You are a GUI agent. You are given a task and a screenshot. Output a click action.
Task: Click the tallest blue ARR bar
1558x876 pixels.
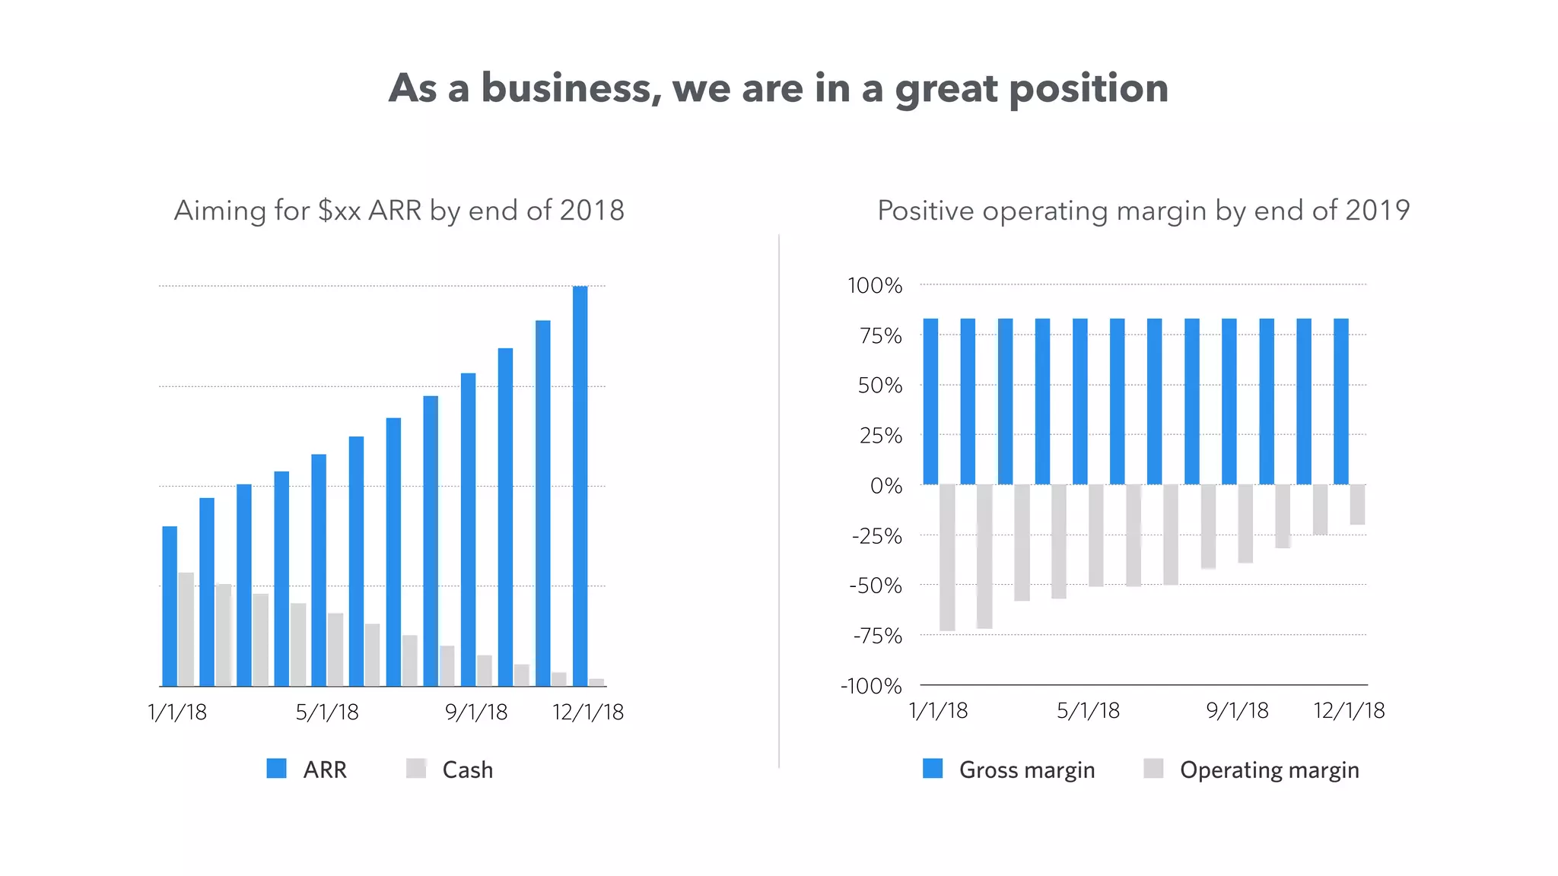(580, 487)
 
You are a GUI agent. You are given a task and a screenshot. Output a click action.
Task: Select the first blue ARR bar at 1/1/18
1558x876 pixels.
(170, 606)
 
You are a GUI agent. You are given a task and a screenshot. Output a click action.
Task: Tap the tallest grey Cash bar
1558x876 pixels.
(186, 629)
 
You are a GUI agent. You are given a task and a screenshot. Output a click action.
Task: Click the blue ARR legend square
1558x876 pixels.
(277, 768)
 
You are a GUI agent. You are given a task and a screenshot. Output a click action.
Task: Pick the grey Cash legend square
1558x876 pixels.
(416, 768)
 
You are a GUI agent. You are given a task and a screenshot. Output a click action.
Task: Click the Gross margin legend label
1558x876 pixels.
(1026, 770)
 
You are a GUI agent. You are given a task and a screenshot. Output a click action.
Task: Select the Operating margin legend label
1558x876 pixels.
(1269, 770)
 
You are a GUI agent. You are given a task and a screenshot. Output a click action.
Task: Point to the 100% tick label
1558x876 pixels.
(875, 286)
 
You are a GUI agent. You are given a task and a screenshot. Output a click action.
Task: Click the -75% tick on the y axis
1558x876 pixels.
(877, 636)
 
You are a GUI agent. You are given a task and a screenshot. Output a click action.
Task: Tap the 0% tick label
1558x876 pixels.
(886, 486)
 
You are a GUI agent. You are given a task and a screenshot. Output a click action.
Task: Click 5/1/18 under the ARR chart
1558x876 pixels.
(327, 713)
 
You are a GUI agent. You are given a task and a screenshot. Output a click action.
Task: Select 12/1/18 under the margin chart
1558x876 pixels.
(1349, 711)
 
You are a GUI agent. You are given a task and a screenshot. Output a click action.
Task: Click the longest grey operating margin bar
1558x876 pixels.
(947, 557)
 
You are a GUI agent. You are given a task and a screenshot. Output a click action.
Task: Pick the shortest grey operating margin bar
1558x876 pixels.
(1357, 504)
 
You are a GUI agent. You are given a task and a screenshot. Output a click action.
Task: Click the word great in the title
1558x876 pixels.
(946, 89)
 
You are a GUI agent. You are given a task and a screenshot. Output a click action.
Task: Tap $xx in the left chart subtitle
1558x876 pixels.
(339, 211)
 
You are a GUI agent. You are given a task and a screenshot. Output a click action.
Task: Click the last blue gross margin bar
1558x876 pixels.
(1340, 401)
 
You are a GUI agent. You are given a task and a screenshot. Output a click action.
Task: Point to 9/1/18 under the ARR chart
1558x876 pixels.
(476, 713)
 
